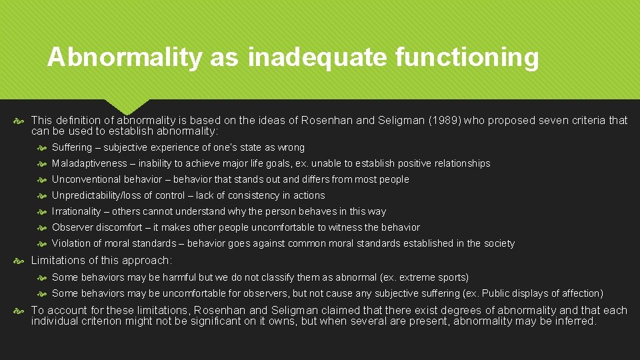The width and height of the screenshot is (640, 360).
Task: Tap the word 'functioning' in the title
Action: tap(467, 58)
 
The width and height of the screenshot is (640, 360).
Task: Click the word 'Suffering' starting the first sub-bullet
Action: tap(73, 147)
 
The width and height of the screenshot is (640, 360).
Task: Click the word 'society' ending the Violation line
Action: tap(498, 243)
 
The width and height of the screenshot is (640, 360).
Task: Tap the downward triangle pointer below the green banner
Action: tap(126, 107)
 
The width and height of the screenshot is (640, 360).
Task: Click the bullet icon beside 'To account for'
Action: tap(21, 311)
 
